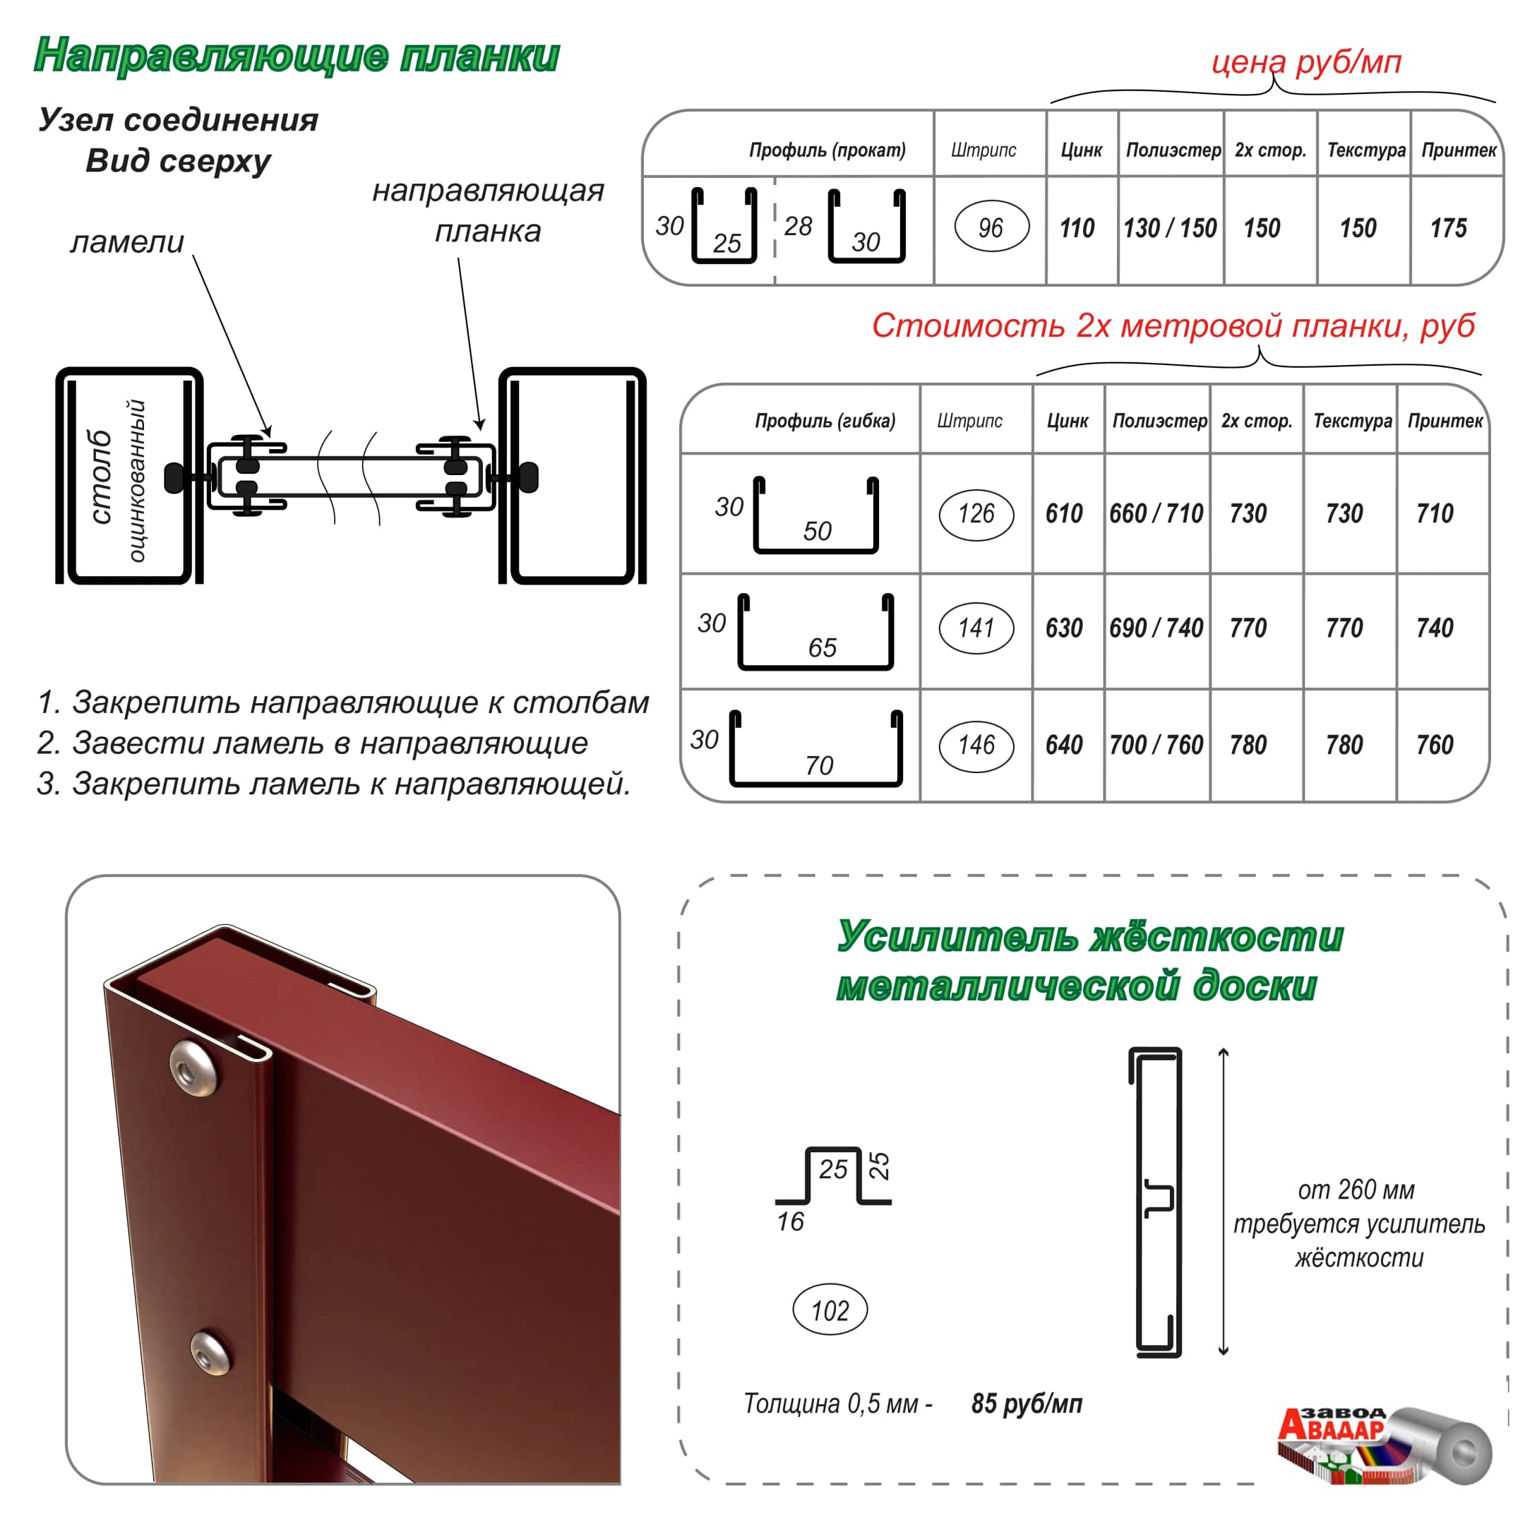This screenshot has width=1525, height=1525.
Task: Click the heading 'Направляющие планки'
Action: pos(297,56)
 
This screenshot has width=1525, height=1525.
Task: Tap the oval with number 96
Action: pos(991,227)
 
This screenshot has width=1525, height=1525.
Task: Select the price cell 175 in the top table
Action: pos(1449,228)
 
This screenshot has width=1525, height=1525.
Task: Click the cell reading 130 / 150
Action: pos(1170,228)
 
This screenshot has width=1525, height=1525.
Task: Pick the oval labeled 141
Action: pos(976,628)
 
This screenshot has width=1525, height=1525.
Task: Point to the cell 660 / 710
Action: pos(1156,514)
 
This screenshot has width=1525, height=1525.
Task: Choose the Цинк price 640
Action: pos(1064,745)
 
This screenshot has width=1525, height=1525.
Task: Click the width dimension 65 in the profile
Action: pos(823,648)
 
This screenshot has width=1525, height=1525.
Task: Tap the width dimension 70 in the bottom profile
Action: pos(819,765)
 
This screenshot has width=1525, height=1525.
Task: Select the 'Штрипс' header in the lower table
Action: pos(969,421)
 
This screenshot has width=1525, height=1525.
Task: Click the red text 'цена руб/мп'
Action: pos(1306,61)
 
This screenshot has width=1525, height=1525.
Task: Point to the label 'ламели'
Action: pos(127,241)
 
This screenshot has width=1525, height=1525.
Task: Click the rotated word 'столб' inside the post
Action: pos(100,477)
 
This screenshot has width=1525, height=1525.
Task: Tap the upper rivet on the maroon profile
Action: pos(193,1068)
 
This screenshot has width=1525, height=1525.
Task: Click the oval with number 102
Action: pos(830,1311)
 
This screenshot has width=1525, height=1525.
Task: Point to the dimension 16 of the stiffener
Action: pos(790,1222)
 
